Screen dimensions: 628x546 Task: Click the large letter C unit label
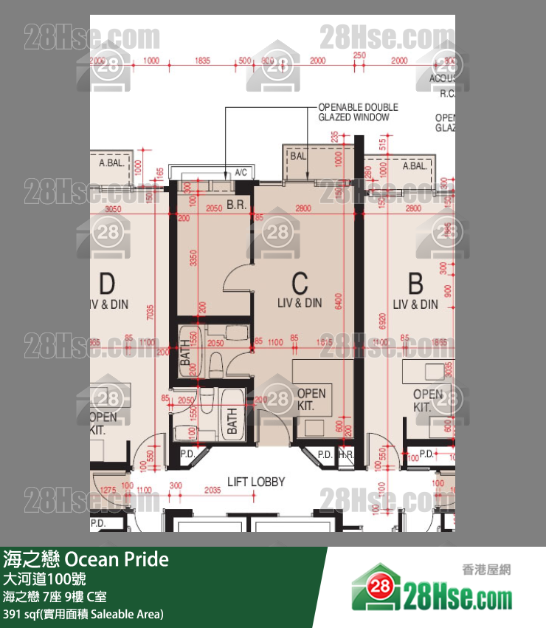(300, 282)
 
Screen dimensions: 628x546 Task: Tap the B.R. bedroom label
(236, 204)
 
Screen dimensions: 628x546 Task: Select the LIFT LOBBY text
(256, 482)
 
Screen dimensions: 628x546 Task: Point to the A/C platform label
(241, 172)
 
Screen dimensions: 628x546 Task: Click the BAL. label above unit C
(298, 157)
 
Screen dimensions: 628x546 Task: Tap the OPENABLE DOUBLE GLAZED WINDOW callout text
(358, 112)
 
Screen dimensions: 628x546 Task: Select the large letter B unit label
(415, 282)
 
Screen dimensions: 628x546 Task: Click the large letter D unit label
(108, 282)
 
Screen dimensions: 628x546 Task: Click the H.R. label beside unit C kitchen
(345, 455)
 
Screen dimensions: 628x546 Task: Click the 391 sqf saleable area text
(83, 614)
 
